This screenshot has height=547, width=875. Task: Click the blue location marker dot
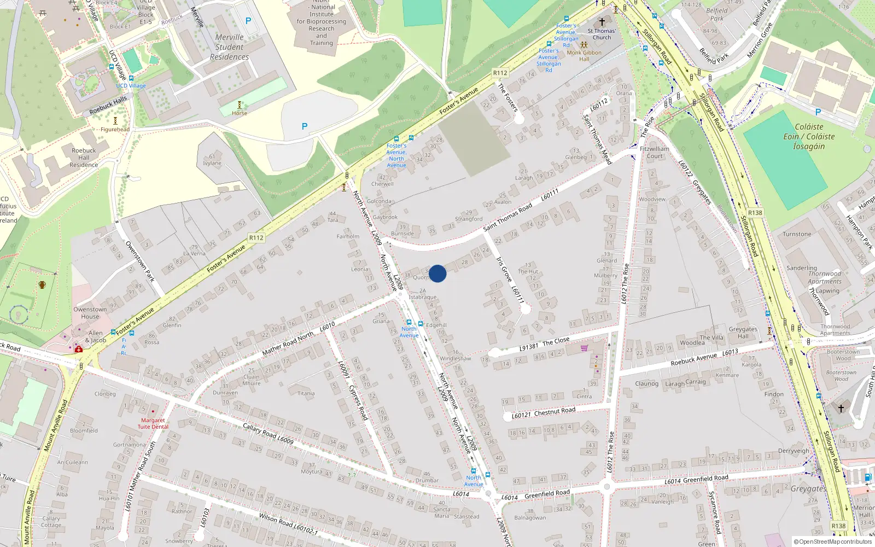(437, 273)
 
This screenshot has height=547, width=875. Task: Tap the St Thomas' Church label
(602, 34)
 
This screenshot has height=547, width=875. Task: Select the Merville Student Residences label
(229, 47)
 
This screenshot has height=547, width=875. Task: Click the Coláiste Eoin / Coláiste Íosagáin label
(809, 136)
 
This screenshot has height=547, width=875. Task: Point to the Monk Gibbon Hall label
(584, 56)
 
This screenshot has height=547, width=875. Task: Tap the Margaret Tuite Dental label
(153, 423)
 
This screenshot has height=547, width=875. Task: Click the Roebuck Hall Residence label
(84, 158)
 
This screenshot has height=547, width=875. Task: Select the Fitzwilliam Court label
(655, 152)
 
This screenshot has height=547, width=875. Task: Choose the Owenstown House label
(90, 313)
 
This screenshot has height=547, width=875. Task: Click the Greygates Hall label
(743, 333)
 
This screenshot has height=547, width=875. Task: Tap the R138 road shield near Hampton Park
(755, 213)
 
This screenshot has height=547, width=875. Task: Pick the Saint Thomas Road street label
(507, 217)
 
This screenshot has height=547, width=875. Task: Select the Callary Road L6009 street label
(268, 433)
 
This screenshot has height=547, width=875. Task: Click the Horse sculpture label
(239, 113)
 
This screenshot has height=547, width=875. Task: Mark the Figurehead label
(115, 130)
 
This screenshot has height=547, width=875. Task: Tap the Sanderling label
(801, 268)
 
